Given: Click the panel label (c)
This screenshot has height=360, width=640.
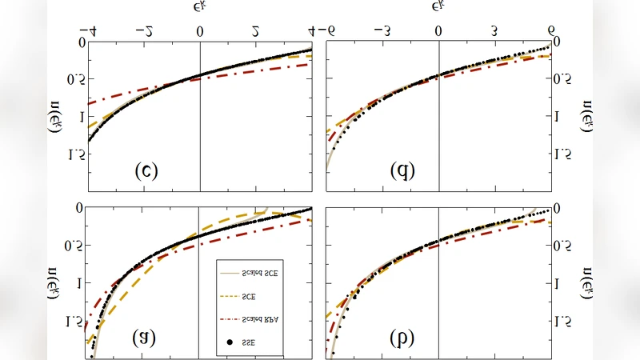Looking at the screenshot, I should coord(146,170).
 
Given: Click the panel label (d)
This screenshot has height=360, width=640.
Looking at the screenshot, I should coord(402,170).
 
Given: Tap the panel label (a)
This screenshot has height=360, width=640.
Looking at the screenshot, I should coord(144,338).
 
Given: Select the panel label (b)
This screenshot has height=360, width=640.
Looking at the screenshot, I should coord(402,338).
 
